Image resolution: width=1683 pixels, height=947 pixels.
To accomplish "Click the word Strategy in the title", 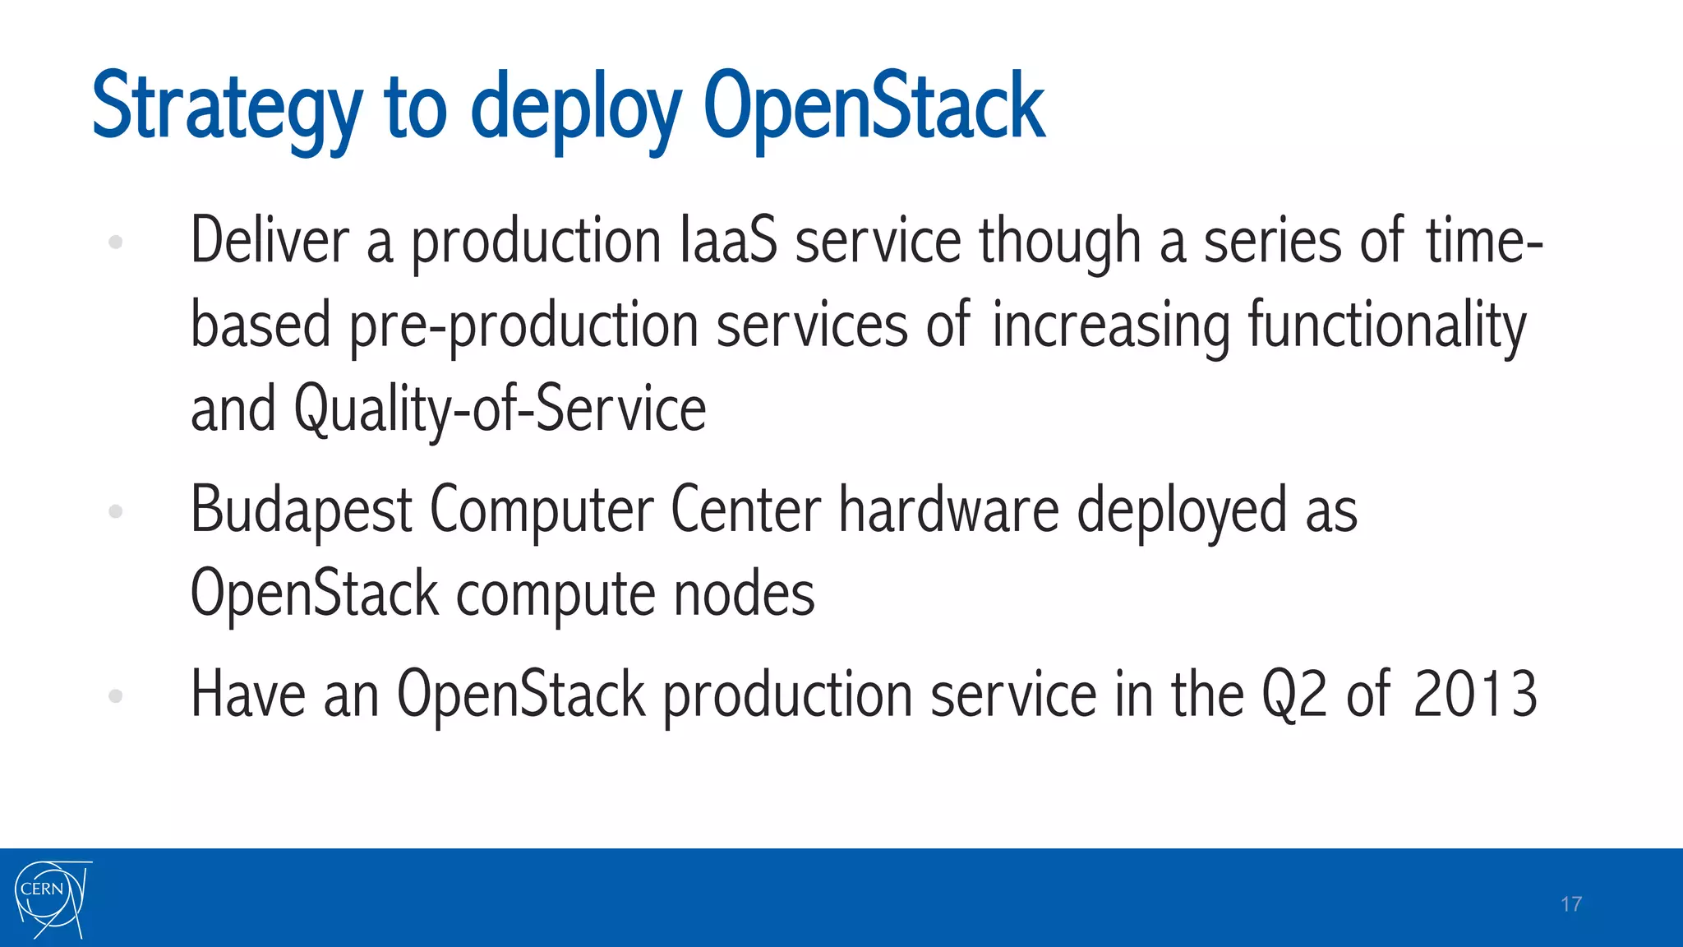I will pos(227,107).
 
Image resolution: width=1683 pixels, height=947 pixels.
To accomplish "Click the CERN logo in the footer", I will pos(51,898).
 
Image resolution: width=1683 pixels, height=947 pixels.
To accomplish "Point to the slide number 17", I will pos(1570,904).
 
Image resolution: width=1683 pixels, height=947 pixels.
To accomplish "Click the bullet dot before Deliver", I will pos(116,242).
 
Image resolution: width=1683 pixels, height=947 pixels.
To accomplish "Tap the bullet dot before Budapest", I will pos(116,511).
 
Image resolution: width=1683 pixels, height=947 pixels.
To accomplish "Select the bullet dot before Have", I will pos(116,696).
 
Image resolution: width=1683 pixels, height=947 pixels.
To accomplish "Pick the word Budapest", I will pos(301,510).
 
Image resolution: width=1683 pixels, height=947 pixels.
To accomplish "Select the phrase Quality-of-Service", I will pos(500,409).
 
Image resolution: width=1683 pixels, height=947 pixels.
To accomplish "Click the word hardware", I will pos(948,510).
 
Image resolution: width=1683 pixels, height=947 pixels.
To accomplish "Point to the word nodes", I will pos(744,594).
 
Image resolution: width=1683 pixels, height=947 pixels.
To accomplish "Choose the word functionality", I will pos(1387,326).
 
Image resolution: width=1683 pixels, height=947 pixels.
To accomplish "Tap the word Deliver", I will pos(270,241).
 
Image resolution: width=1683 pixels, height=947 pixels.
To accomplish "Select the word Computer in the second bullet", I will pos(542,510).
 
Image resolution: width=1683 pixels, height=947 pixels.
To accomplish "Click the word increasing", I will pos(1111,326).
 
